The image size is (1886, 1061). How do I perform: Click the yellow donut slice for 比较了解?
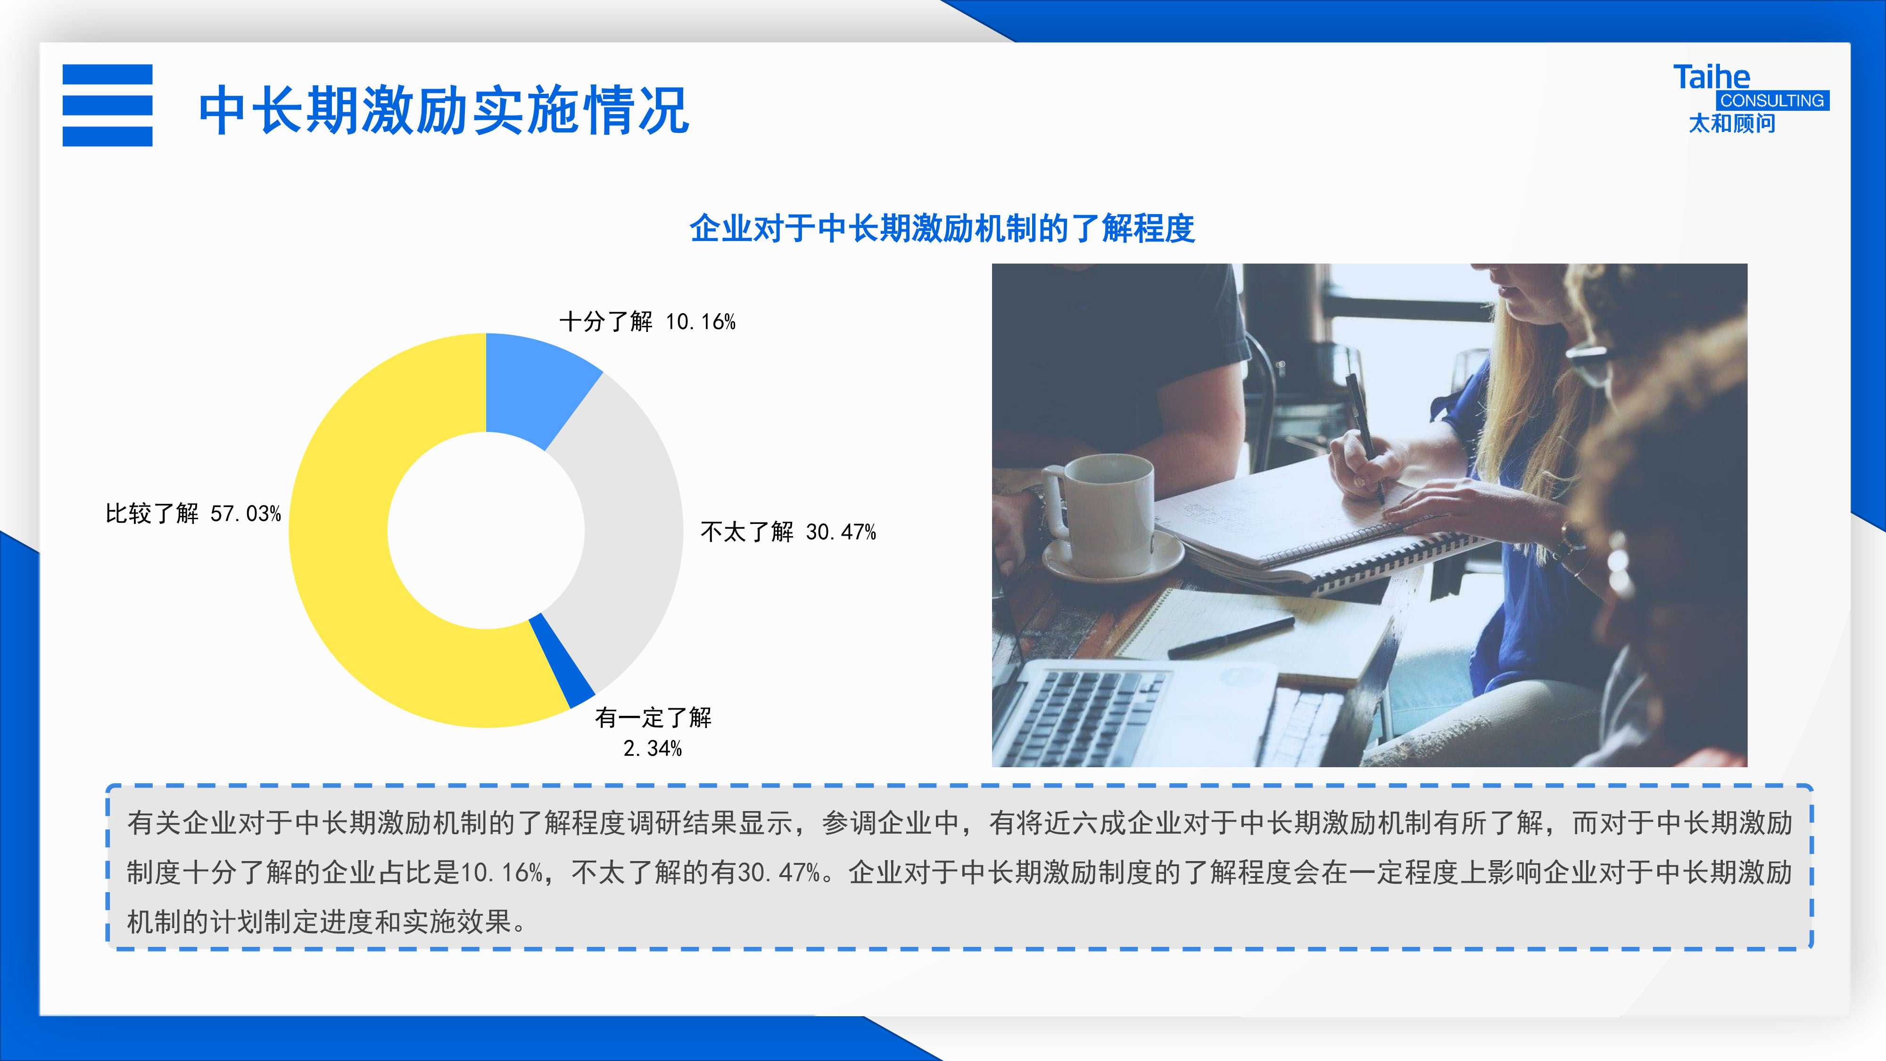344,556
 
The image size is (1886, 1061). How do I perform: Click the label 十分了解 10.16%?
647,322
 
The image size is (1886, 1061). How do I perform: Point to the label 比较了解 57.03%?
193,514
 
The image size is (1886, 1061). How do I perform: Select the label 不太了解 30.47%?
788,531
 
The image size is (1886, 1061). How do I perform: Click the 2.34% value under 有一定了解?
653,748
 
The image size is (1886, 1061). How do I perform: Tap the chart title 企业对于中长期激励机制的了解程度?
942,228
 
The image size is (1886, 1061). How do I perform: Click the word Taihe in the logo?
1711,77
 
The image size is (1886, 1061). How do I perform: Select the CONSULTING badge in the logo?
1772,100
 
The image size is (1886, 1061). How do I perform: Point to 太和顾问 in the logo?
1732,123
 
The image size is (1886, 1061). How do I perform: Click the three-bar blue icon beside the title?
108,106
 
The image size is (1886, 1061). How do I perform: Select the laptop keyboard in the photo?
1091,718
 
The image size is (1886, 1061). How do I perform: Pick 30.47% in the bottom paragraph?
779,872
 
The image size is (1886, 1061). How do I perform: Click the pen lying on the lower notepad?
1231,637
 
